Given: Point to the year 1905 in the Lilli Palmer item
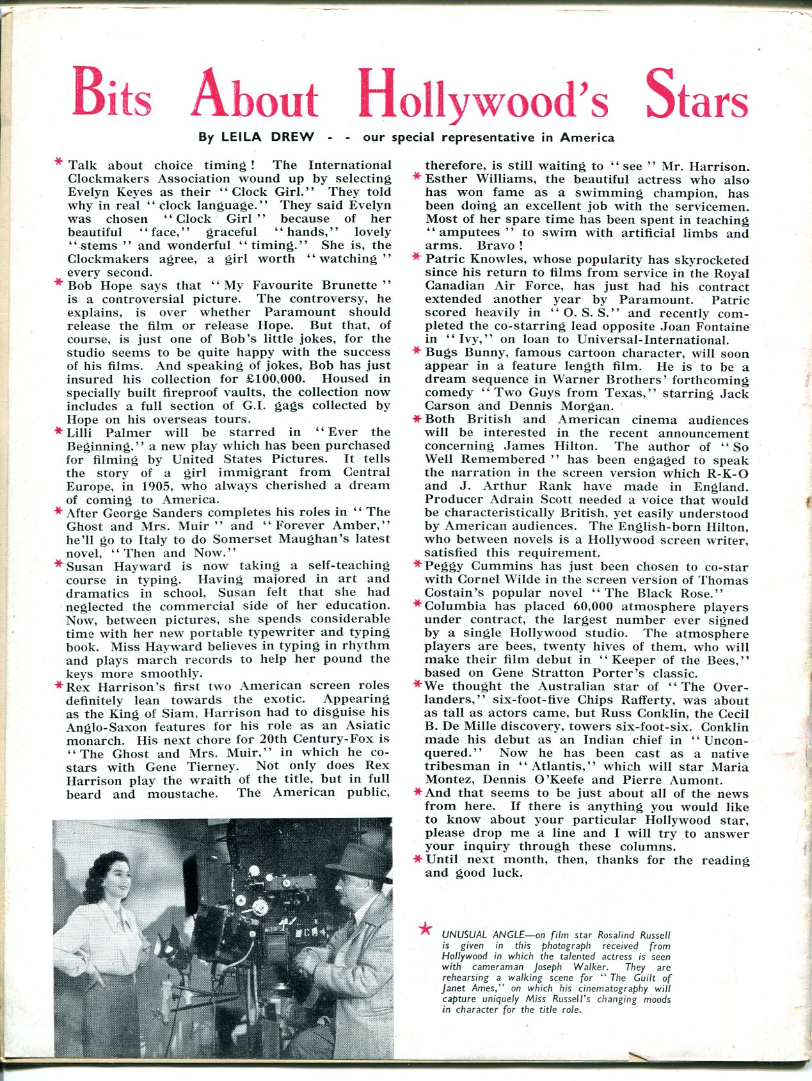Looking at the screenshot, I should [x=147, y=486].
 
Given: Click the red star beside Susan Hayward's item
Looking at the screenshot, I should [x=58, y=565].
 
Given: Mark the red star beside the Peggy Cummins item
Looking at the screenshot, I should [x=417, y=566].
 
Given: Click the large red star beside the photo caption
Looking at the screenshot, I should [x=424, y=929].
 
